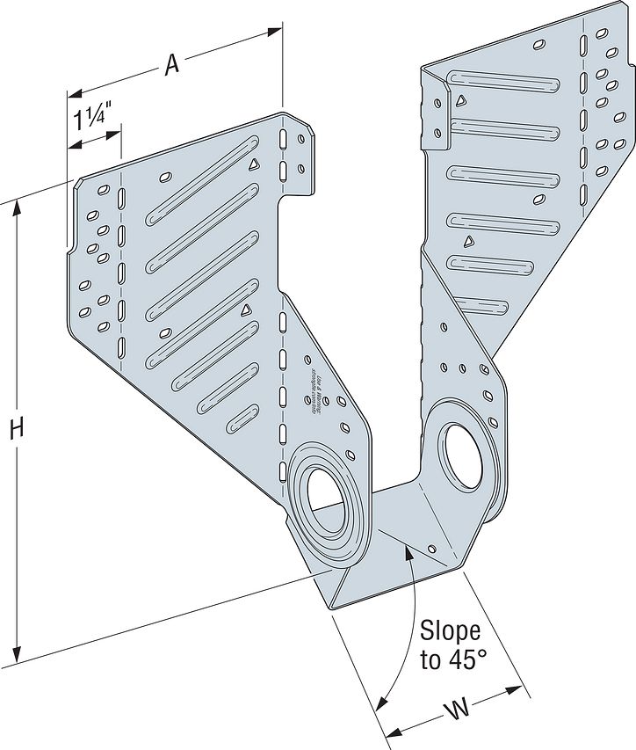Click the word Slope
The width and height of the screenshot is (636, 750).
click(x=449, y=631)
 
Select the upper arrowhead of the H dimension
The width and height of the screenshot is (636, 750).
click(x=16, y=208)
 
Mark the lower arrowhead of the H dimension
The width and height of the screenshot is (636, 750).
click(x=16, y=656)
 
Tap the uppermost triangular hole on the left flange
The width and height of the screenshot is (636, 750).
click(x=254, y=164)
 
